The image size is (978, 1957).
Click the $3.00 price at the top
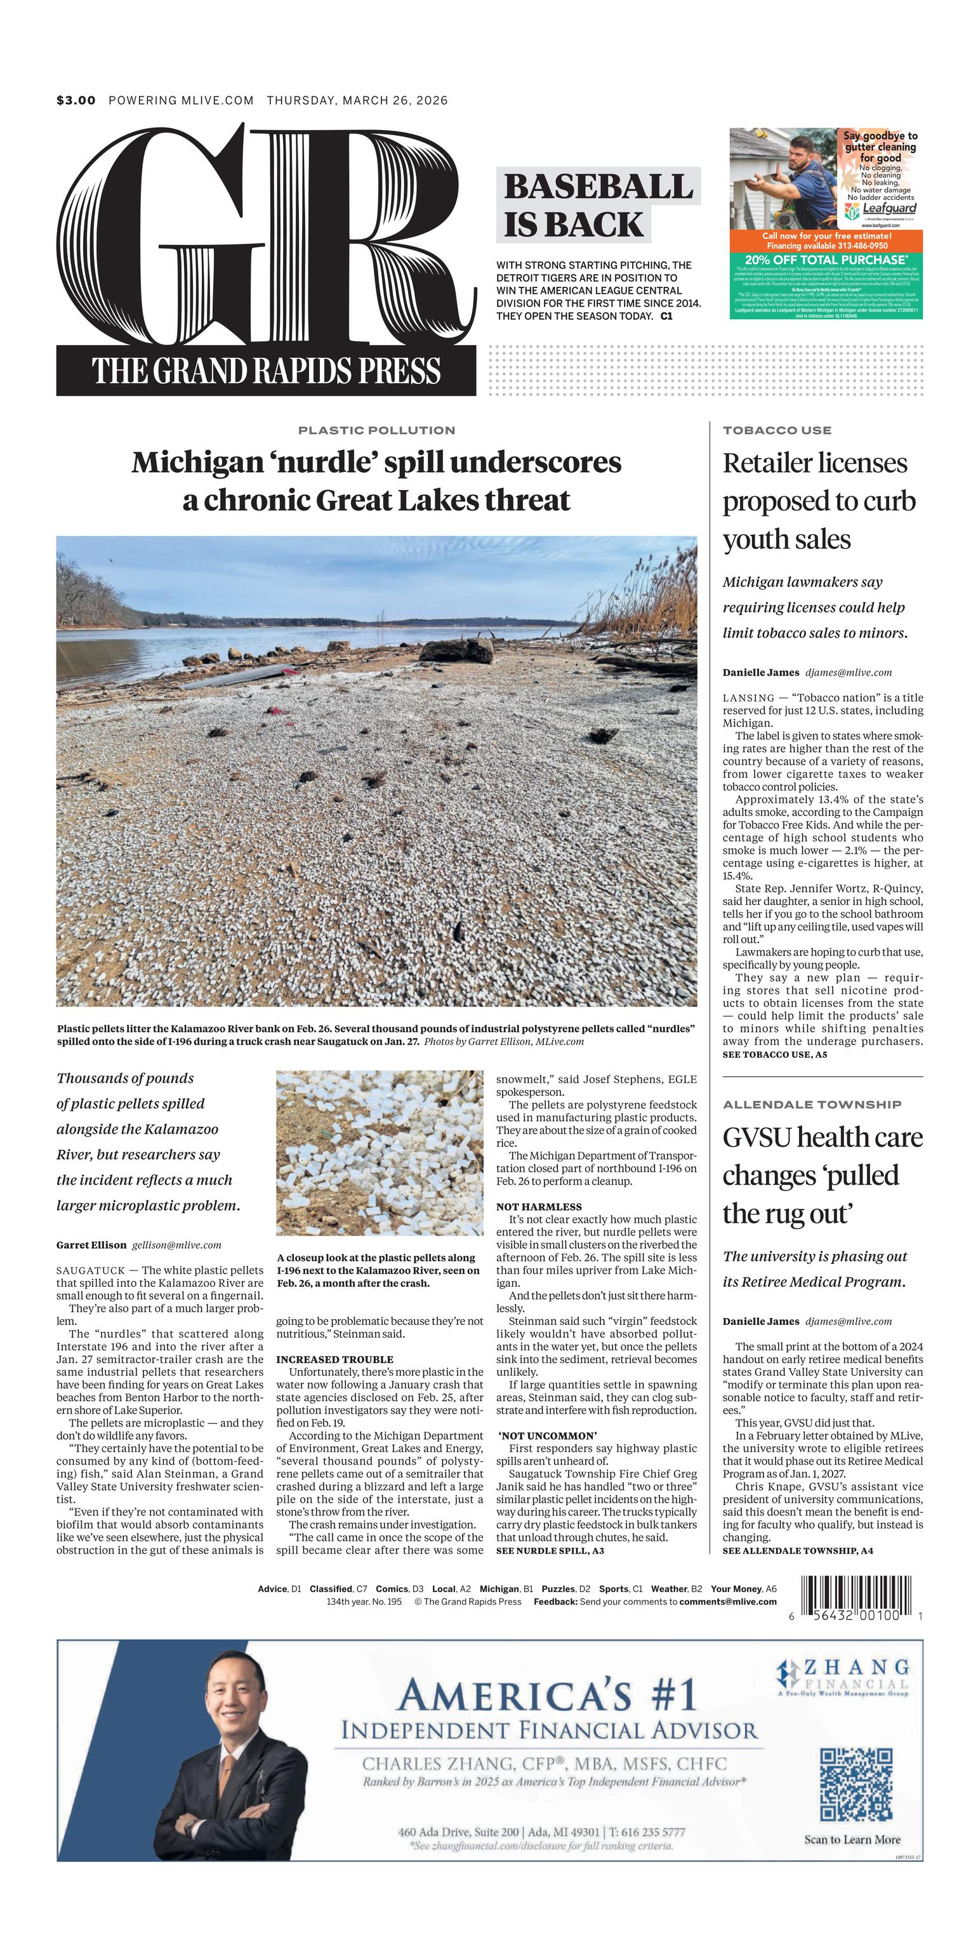pyautogui.click(x=76, y=100)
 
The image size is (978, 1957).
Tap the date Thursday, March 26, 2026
pyautogui.click(x=357, y=100)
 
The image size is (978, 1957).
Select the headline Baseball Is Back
pyautogui.click(x=598, y=205)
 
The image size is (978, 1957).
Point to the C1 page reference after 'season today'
pyautogui.click(x=666, y=316)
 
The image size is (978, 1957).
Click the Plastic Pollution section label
pyautogui.click(x=376, y=430)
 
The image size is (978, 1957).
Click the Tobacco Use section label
pyautogui.click(x=777, y=430)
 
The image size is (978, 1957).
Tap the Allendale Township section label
pyautogui.click(x=812, y=1104)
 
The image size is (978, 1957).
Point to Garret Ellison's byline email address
pyautogui.click(x=176, y=1245)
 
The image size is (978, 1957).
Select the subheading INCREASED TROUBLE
pyautogui.click(x=334, y=1359)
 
